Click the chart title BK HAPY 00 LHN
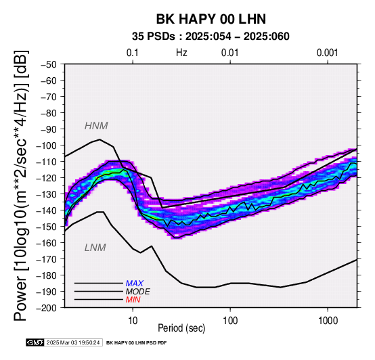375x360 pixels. tap(211, 19)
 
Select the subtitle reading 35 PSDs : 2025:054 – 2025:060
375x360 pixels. tap(211, 37)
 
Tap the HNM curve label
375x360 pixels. tap(96, 126)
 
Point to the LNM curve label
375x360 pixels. tap(95, 248)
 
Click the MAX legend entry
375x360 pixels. tap(134, 284)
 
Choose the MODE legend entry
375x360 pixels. tap(138, 292)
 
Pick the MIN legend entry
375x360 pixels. tap(133, 300)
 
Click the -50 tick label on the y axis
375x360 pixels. tap(49, 64)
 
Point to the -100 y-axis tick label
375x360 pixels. tap(47, 145)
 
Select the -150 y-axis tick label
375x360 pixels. tap(47, 227)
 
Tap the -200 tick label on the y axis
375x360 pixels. tap(47, 308)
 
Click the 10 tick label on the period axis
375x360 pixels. tap(133, 321)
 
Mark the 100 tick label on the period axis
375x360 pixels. tap(230, 321)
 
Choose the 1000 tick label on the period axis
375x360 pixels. tap(328, 321)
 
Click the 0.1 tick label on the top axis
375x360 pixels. tap(133, 53)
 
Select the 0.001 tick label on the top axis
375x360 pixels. tap(328, 53)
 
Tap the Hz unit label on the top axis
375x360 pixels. tap(181, 53)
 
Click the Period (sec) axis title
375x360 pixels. tap(181, 328)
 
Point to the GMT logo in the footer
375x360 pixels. tap(35, 342)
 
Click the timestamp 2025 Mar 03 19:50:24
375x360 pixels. tap(73, 342)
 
